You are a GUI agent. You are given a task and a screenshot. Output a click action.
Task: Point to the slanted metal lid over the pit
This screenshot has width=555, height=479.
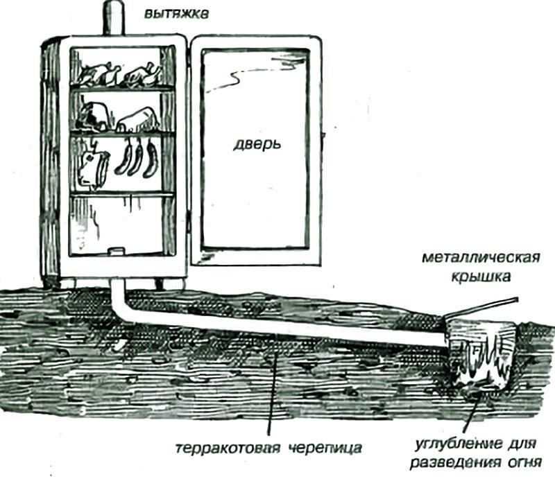(x=483, y=308)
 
